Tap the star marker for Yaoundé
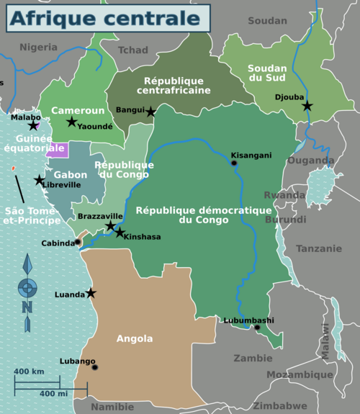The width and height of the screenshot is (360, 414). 72,122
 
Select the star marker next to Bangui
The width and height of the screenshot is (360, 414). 150,112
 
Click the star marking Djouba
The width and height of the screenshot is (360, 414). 307,106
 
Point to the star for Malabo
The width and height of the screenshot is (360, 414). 32,126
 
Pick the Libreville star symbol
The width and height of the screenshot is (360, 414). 39,180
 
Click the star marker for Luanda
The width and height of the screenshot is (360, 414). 91,293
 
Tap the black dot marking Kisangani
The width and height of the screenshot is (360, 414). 234,163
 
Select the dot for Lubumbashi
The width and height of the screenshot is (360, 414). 256,328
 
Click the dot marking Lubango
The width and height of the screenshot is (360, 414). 94,367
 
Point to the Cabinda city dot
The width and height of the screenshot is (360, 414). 78,243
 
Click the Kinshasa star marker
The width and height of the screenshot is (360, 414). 120,233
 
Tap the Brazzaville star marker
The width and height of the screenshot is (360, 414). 110,226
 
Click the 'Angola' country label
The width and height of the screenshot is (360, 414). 134,338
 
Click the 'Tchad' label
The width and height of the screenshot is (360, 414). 132,50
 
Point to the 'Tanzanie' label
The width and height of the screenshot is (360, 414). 319,248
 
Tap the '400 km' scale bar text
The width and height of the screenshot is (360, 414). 30,372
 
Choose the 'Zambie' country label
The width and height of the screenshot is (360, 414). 253,358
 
